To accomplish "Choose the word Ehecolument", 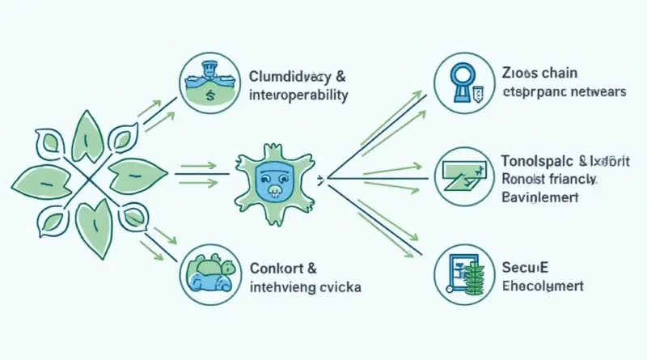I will pos(542,286).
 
